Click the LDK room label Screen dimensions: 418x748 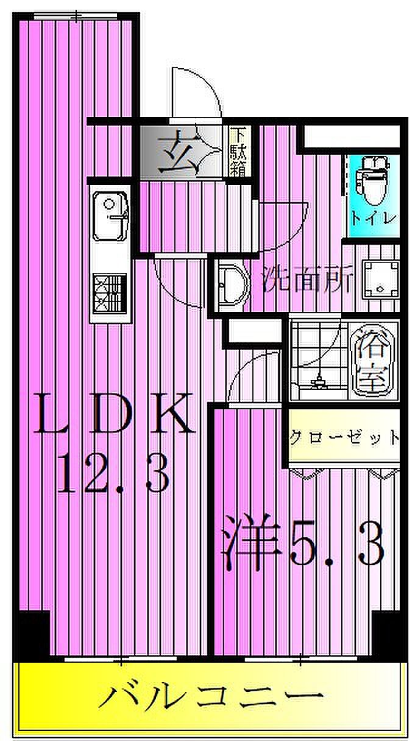[113, 414]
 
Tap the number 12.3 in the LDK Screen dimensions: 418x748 [113, 474]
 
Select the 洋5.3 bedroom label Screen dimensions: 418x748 [302, 542]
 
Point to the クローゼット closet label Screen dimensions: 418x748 [344, 437]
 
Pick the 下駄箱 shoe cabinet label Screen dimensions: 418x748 [238, 152]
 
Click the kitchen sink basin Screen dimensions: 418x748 [110, 216]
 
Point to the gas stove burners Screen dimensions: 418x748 [110, 294]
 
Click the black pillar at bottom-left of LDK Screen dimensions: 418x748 [32, 634]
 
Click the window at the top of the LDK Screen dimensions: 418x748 [76, 16]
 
